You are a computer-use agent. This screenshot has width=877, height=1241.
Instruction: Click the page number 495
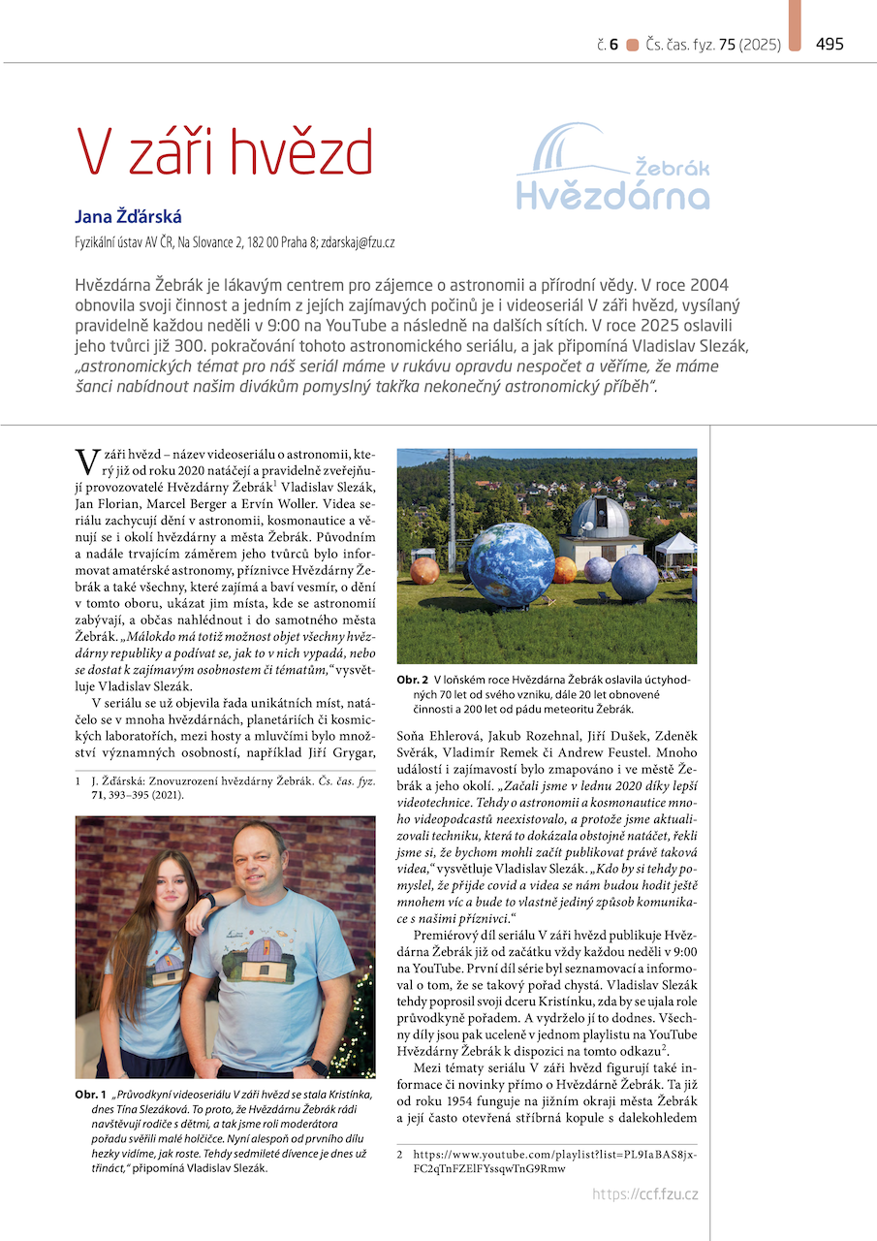[x=830, y=44]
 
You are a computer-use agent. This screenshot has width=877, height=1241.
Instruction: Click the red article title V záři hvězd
[x=225, y=152]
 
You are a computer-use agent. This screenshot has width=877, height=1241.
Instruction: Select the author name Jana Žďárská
[x=128, y=216]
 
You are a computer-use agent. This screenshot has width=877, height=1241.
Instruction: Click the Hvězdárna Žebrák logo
[x=612, y=167]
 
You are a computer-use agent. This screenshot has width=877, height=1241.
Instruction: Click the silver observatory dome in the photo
[x=599, y=518]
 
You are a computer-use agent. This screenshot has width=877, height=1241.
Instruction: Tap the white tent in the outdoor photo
[x=675, y=549]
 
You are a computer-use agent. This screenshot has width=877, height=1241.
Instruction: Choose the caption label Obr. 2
[x=413, y=680]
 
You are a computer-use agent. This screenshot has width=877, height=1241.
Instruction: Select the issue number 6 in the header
[x=613, y=45]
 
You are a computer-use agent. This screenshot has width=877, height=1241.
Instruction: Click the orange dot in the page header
[x=633, y=45]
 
